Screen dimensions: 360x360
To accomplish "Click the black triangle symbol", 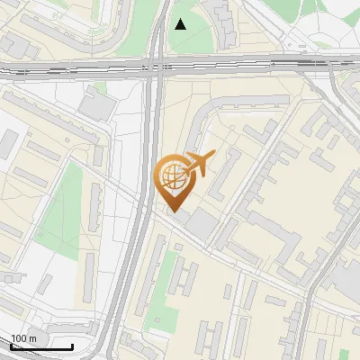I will [x=181, y=23].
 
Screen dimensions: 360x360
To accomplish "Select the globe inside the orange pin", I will [x=172, y=177].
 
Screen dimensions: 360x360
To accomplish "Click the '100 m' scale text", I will [x=23, y=338].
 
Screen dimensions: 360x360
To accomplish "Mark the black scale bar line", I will [x=41, y=346].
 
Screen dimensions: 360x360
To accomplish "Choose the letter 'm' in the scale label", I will [x=32, y=338].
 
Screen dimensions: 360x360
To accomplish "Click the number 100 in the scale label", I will [x=19, y=338].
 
